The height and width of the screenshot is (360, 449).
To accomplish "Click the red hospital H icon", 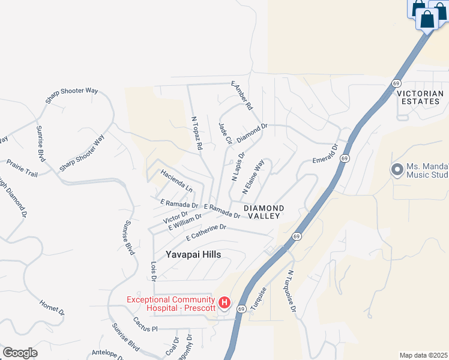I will pos(224,302).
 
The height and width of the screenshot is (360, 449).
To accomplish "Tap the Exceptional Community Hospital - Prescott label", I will pos(170,304).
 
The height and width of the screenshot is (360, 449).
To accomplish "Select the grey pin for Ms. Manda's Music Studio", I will pos(396,170).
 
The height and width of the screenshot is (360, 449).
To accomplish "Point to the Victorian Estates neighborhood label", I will pos(420,98).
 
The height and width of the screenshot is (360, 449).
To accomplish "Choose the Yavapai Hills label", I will pos(193,254).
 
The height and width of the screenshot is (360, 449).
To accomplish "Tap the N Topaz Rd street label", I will pos(196,133).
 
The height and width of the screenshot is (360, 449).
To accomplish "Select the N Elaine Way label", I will pos(253,176).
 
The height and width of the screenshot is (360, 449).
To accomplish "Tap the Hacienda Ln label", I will pos(176,181).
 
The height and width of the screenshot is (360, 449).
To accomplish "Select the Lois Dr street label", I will pos(154,270).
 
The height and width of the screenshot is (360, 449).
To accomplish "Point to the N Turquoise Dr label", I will pos(291,290).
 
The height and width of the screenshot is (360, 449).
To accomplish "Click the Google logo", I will pos(20,353).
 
